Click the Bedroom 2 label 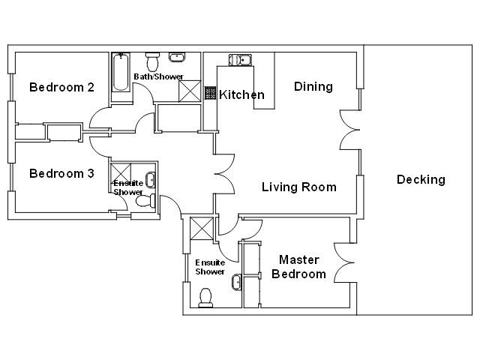tap(61, 88)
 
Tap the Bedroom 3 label tap(61, 173)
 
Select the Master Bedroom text tap(298, 267)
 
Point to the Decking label tap(421, 180)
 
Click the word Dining tap(313, 87)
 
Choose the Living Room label tap(299, 187)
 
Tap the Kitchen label tap(241, 95)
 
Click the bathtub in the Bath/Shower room tap(120, 72)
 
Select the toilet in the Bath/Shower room tap(152, 61)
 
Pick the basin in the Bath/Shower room tap(177, 57)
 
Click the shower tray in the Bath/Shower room tap(190, 91)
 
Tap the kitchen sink tap(240, 60)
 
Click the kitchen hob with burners tap(210, 93)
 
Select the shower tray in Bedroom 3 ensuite tap(121, 173)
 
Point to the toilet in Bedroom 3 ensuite tap(145, 201)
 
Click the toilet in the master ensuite tap(205, 298)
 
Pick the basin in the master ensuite tap(236, 282)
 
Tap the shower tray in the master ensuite tap(202, 228)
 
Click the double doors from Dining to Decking tap(350, 130)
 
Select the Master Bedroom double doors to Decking tap(344, 262)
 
